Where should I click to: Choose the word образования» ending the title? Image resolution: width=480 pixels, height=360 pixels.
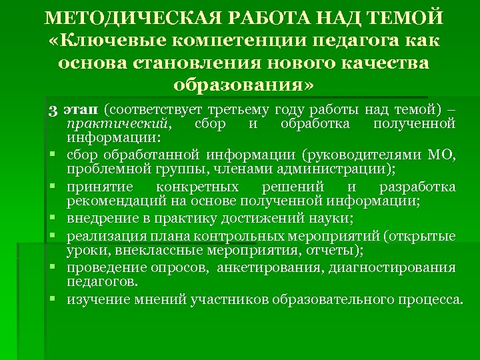coord(241,86)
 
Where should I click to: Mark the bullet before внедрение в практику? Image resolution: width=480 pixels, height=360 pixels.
coord(51,219)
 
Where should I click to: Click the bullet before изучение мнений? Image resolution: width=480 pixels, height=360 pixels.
coord(51,299)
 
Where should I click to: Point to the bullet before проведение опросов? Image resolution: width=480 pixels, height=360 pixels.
coord(51,268)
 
